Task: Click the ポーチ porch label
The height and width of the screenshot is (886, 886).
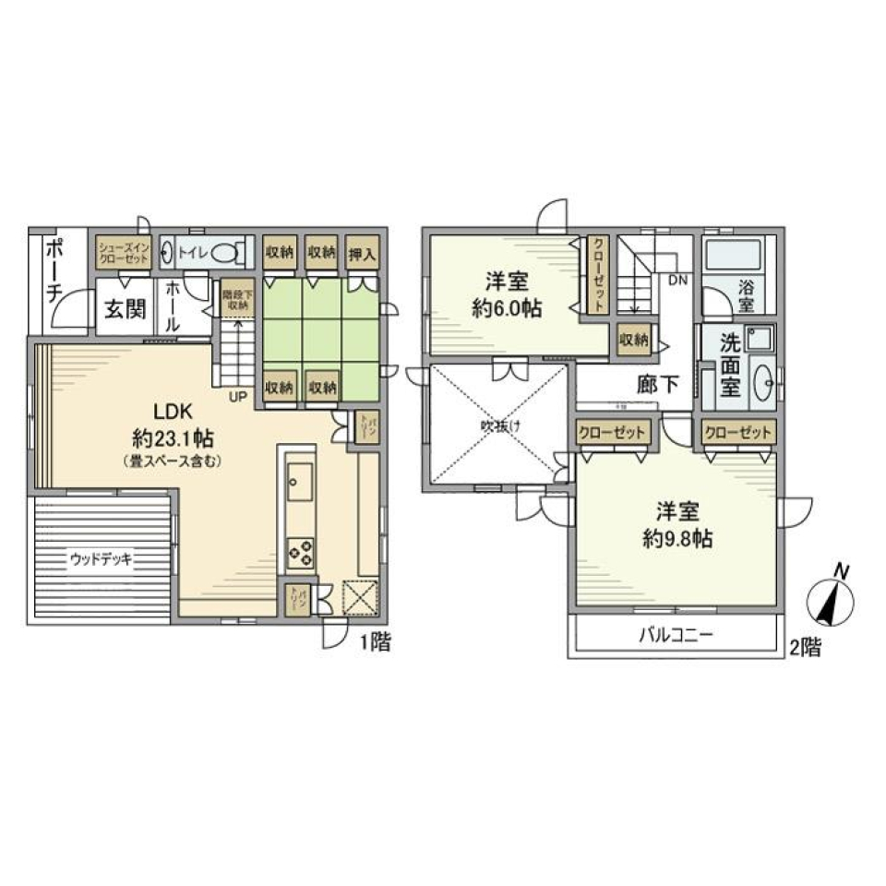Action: pyautogui.click(x=54, y=269)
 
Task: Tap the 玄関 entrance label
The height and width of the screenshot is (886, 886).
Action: pyautogui.click(x=124, y=307)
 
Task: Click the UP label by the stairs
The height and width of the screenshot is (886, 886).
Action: pyautogui.click(x=236, y=397)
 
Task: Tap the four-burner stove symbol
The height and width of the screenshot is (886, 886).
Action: pyautogui.click(x=301, y=551)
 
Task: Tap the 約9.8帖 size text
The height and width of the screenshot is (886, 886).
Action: pyautogui.click(x=676, y=540)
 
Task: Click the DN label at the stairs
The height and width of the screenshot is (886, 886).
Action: pyautogui.click(x=677, y=278)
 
